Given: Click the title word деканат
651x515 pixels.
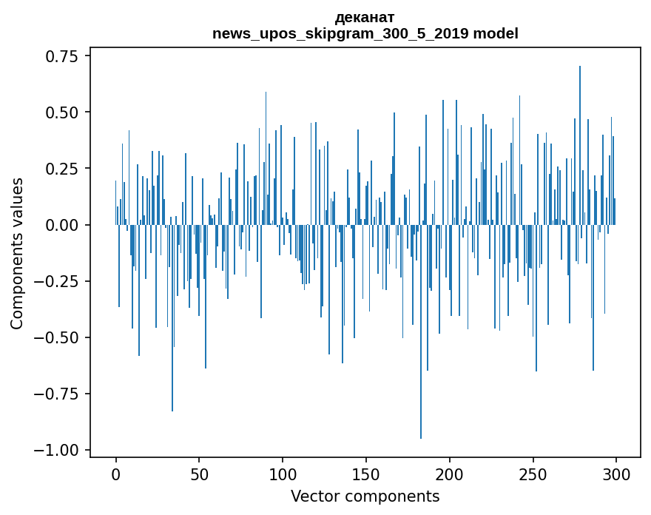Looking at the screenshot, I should (x=365, y=18).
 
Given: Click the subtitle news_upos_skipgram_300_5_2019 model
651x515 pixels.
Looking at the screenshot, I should (x=365, y=33).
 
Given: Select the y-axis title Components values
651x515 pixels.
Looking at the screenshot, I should (x=17, y=253).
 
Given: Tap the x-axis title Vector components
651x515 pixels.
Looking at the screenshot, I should (x=365, y=497).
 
